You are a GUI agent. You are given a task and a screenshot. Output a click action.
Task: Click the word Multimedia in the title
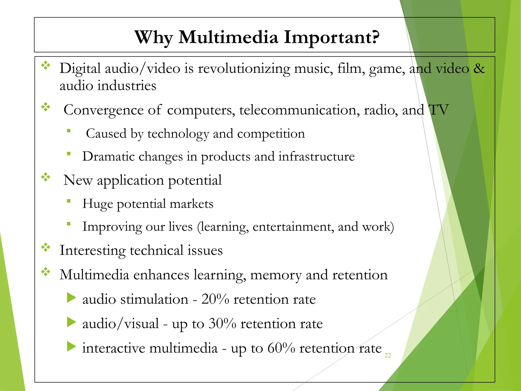coord(228,37)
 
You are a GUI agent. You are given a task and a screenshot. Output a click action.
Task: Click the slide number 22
coord(387,355)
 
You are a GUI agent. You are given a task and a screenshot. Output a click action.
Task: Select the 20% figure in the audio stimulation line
coord(215,299)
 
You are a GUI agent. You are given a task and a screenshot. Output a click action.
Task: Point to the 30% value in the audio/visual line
coord(222,324)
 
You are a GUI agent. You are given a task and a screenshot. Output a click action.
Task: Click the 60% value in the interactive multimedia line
coord(281,348)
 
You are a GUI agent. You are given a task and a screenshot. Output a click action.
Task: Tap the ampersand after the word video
coord(479,68)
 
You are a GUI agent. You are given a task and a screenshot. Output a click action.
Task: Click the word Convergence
coord(104,110)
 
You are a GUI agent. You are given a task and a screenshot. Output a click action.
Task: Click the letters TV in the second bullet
coord(439,110)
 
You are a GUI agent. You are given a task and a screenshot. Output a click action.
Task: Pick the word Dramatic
coord(108,156)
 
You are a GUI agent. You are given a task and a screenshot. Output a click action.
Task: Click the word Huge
coord(97,204)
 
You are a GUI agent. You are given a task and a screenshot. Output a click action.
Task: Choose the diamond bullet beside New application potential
coord(46,177)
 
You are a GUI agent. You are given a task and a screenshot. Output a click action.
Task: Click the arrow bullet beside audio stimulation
coord(71,298)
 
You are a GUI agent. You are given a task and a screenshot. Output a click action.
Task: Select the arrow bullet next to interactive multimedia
coord(71,347)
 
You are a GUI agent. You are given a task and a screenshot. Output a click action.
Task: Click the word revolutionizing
coord(244,68)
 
